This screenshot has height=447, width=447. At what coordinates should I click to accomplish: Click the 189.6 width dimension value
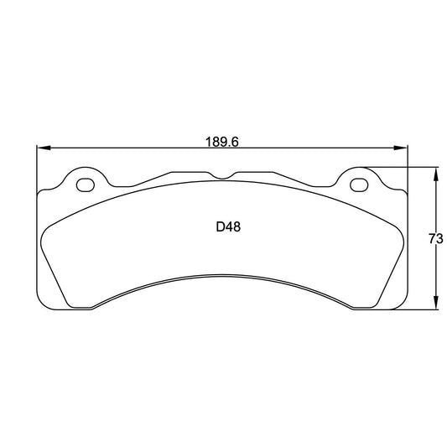(222, 143)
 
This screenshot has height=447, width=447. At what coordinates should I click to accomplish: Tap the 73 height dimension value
(435, 239)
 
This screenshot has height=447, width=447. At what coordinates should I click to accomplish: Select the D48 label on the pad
(229, 226)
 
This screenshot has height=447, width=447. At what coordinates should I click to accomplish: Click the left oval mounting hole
(85, 184)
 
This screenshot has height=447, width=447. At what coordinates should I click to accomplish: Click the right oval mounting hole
(357, 184)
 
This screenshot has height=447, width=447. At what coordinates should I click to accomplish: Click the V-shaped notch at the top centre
(222, 176)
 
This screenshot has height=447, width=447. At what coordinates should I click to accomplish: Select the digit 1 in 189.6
(209, 143)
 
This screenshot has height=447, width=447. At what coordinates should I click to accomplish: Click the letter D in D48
(221, 226)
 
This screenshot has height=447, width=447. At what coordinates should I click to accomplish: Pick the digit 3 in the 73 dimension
(439, 239)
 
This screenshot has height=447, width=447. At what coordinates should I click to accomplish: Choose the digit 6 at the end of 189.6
(236, 143)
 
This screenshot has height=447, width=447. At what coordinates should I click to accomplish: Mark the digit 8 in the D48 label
(238, 226)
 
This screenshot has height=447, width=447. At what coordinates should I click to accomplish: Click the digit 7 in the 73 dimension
(431, 239)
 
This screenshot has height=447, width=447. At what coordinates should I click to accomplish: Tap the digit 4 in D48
(230, 226)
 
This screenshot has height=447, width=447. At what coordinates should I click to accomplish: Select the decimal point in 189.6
(231, 146)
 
